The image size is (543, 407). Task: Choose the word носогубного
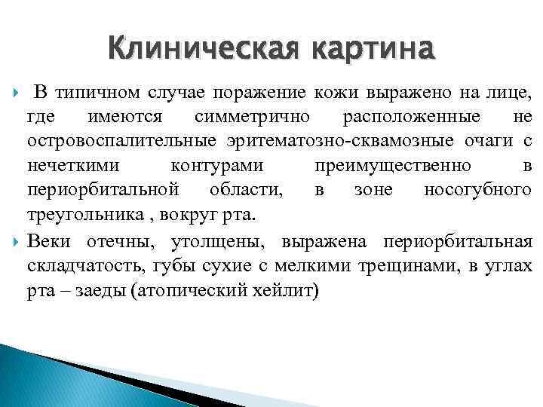[478, 190]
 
